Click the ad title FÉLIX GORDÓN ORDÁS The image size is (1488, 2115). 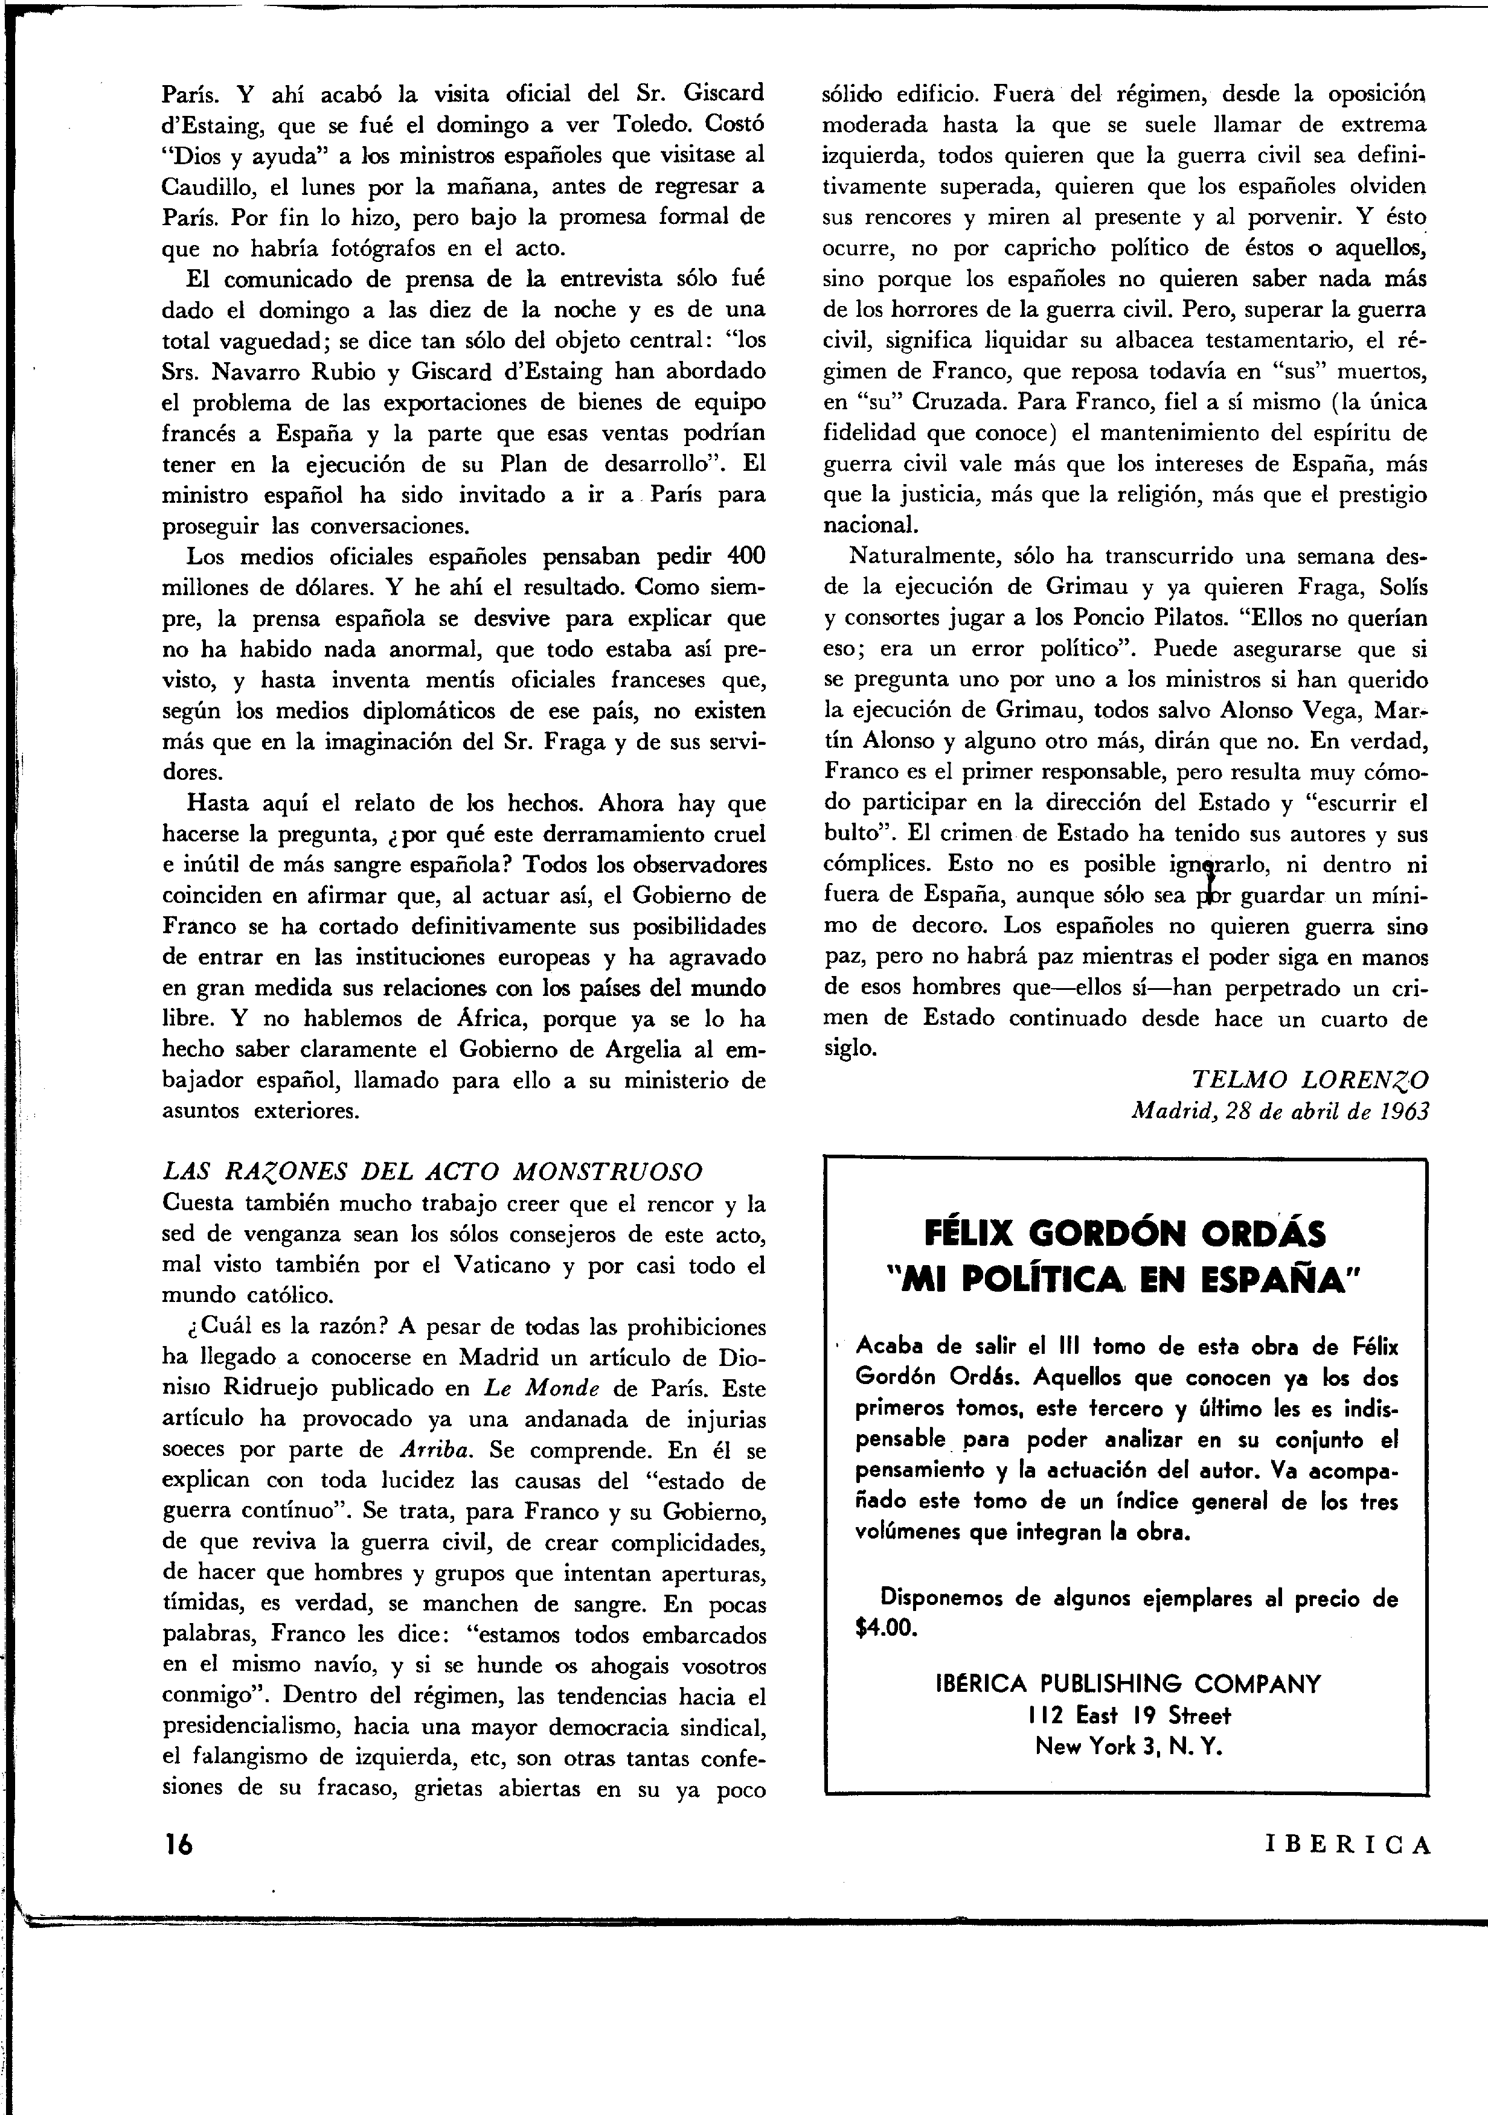pos(1124,1233)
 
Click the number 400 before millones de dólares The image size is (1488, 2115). pos(741,557)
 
